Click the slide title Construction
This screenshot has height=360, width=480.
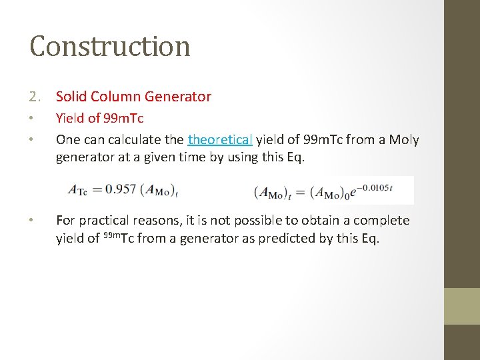(x=110, y=46)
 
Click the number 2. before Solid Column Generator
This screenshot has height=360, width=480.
(x=37, y=97)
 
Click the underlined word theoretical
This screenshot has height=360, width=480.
(x=220, y=139)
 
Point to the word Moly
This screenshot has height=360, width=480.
(x=404, y=139)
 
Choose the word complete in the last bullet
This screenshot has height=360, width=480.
(x=381, y=221)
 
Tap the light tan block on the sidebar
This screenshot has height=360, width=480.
(x=462, y=306)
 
